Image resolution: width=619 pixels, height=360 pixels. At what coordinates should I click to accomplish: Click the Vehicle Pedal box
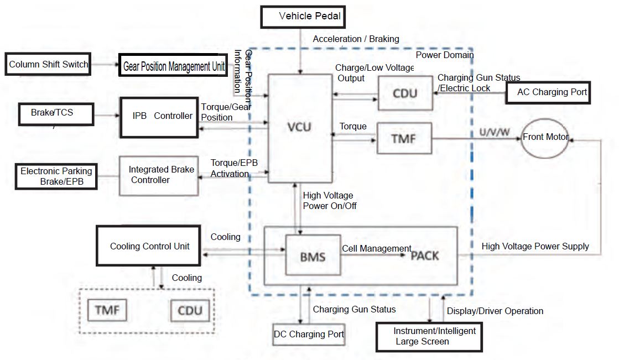(x=303, y=17)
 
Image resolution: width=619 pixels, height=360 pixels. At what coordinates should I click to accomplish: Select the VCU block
(x=300, y=128)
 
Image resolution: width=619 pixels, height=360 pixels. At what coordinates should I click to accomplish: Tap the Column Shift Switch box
(x=48, y=64)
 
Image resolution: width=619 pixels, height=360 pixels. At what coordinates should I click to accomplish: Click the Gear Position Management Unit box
(x=173, y=65)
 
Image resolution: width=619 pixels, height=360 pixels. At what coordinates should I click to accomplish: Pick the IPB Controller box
(x=159, y=117)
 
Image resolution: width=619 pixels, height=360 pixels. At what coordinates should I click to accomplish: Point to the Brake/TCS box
(x=56, y=114)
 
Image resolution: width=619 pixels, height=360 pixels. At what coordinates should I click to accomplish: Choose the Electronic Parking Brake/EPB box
(x=56, y=176)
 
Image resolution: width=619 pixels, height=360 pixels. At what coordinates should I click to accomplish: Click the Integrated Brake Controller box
(x=159, y=176)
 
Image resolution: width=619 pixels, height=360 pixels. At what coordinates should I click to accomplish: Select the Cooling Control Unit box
(x=148, y=246)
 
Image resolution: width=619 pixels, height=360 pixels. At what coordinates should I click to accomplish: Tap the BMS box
(x=313, y=255)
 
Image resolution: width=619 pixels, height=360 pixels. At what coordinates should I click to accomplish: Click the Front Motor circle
(x=545, y=139)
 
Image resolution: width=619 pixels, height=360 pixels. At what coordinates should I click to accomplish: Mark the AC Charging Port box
(x=548, y=93)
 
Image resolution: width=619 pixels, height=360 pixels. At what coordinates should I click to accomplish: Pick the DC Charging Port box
(x=309, y=335)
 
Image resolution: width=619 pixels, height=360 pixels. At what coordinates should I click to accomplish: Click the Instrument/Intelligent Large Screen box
(x=429, y=337)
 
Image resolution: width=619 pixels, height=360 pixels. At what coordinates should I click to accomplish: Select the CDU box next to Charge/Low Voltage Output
(x=405, y=93)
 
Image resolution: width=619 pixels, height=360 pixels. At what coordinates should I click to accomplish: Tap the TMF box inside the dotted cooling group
(x=107, y=310)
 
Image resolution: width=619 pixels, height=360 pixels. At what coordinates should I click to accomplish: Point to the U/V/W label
(x=494, y=132)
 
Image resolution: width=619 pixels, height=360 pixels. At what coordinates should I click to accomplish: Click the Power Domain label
(x=445, y=55)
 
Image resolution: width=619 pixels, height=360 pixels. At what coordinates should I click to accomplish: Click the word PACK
(x=425, y=256)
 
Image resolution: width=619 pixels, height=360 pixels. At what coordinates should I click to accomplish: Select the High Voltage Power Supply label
(x=535, y=246)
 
